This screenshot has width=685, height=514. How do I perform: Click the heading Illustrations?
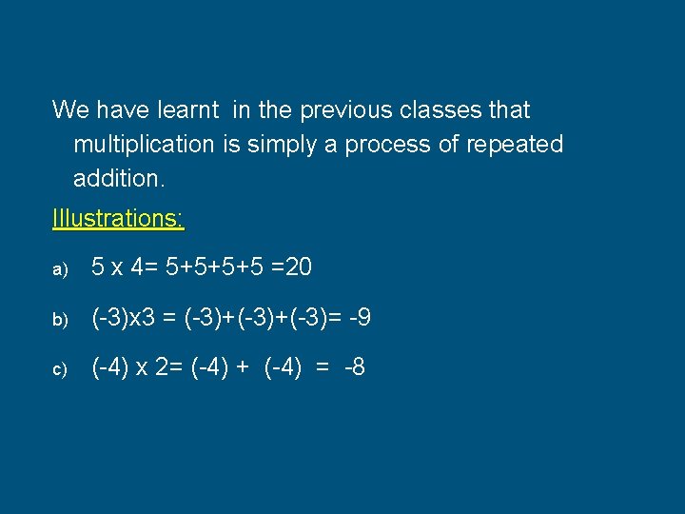coord(118,218)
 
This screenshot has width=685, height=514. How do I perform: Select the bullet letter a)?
coord(60,270)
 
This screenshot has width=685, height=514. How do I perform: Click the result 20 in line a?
coord(298,268)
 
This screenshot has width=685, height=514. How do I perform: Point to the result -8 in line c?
coord(354,367)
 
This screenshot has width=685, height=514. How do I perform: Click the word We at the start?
coord(68,110)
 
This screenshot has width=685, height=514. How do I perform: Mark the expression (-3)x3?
coord(124,318)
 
